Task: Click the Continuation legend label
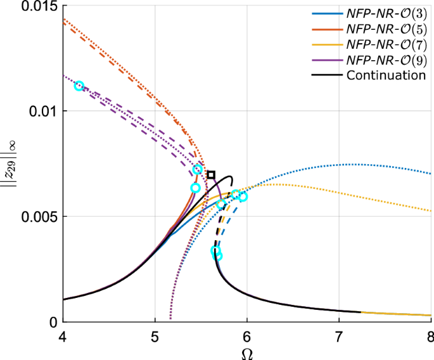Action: pos(386,75)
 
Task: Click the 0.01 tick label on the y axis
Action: pos(45,111)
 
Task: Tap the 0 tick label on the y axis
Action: pos(53,321)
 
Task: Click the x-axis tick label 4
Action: pos(63,335)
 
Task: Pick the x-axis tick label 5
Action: pos(155,335)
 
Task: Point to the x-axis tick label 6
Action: pos(247,335)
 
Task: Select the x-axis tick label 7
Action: pos(339,335)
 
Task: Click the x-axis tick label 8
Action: pos(430,335)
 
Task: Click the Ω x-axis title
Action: pos(246,352)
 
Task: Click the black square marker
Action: pos(211,174)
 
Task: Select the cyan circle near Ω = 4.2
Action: pos(79,86)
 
